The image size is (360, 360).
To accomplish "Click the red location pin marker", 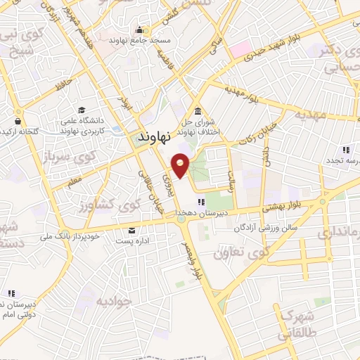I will pyautogui.click(x=181, y=165).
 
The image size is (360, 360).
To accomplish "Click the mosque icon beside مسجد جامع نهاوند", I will pyautogui.click(x=140, y=30).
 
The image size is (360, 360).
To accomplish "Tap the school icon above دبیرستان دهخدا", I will pyautogui.click(x=202, y=202).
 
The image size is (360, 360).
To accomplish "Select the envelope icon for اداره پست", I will pyautogui.click(x=131, y=231).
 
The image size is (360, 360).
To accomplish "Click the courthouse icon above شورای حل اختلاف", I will pyautogui.click(x=198, y=112).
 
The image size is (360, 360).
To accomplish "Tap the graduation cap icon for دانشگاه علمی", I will pyautogui.click(x=82, y=111).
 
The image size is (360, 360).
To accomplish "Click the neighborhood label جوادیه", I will pyautogui.click(x=115, y=302).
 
